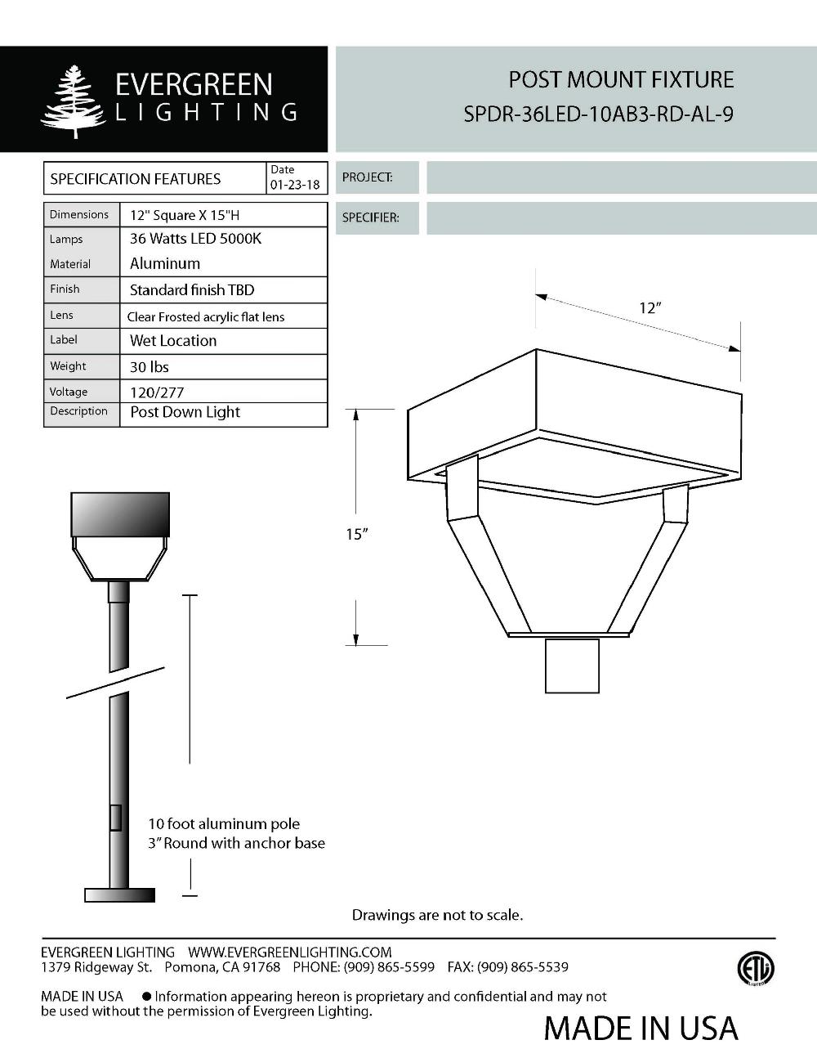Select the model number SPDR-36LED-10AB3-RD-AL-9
pos(598,114)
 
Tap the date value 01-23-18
pos(295,186)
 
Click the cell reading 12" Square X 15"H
pos(185,216)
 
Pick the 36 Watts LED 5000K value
pos(195,239)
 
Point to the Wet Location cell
pos(173,341)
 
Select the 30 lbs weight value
pos(150,367)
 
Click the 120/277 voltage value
pos(157,392)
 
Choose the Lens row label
pos(61,316)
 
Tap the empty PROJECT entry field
pos(621,177)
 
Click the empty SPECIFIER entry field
pos(621,218)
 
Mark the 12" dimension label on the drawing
pos(650,308)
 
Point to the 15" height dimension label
pos(357,534)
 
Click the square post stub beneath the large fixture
pos(572,666)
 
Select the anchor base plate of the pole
pos(119,895)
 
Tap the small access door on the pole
pos(115,818)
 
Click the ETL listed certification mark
pos(755,970)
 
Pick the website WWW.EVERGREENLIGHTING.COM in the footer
pos(289,953)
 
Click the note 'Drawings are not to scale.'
pos(437,915)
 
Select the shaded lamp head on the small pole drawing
pos(120,515)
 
